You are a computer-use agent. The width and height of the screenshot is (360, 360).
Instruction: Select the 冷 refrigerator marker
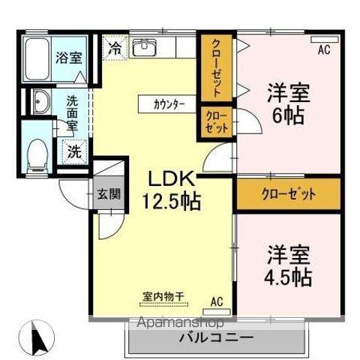(x=115, y=46)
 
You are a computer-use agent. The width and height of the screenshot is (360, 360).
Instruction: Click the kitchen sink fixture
(x=143, y=46)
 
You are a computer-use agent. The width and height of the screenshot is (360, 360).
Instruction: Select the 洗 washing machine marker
(x=74, y=149)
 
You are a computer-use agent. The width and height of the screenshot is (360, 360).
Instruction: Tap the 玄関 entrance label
(x=107, y=193)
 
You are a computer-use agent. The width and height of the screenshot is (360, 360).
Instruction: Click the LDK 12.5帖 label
(x=171, y=190)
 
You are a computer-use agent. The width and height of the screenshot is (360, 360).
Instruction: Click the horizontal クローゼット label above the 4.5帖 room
(x=288, y=194)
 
